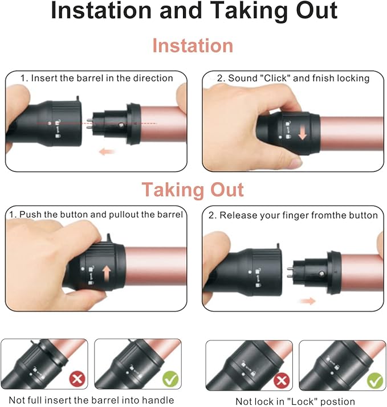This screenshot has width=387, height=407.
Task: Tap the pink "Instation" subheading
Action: (x=193, y=46)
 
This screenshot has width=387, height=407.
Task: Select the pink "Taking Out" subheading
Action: (x=193, y=190)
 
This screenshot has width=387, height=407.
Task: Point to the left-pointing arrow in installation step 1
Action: (x=107, y=151)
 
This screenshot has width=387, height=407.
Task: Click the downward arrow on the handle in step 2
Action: (x=303, y=132)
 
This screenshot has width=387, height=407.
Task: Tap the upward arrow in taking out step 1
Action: (x=107, y=274)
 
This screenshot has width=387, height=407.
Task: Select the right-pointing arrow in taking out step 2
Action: (x=308, y=301)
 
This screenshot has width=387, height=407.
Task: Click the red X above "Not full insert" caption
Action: (x=77, y=379)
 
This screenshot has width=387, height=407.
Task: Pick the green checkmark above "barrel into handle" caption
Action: (x=170, y=379)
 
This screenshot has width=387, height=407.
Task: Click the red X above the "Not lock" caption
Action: (x=282, y=381)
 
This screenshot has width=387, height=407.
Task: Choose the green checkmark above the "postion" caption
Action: (x=375, y=381)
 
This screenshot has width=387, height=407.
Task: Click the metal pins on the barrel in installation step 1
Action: (x=89, y=124)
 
